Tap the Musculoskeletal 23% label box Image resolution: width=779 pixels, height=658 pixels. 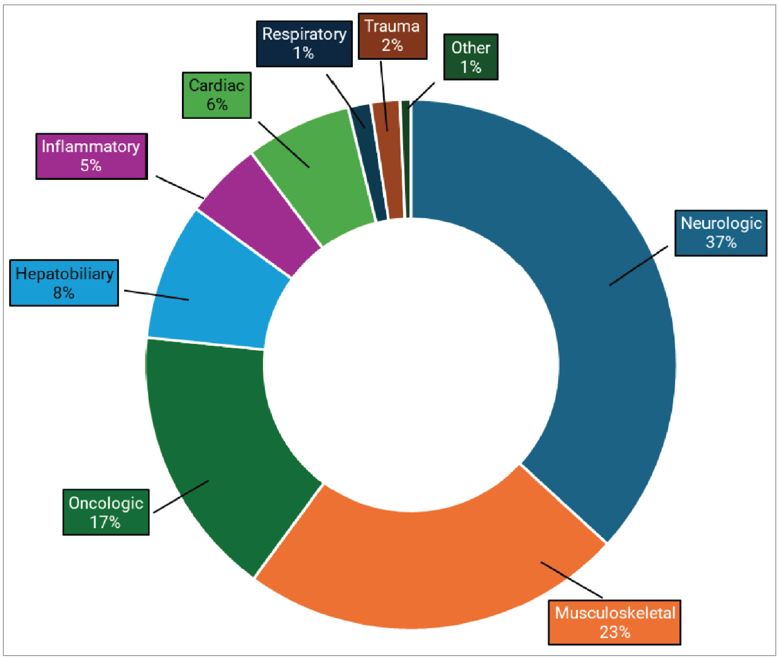(614, 622)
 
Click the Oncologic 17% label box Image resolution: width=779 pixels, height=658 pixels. (106, 512)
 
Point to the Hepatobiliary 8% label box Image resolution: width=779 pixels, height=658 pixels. (64, 283)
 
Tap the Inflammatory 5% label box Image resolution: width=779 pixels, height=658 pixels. (91, 156)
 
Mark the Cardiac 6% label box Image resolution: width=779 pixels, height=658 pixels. (216, 95)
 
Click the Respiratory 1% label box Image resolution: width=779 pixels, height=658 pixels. (304, 44)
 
